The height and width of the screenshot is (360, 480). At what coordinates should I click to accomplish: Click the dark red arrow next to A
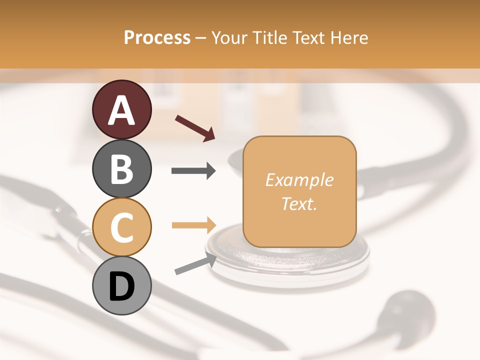tap(195, 128)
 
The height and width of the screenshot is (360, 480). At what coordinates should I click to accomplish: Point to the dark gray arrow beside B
tap(193, 171)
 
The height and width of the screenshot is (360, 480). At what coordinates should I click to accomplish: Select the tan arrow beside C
tap(193, 225)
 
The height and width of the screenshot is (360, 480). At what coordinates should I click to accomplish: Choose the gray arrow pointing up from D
tap(195, 263)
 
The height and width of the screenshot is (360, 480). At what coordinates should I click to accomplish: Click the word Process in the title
tap(157, 37)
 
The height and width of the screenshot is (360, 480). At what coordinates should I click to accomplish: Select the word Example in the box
tap(299, 180)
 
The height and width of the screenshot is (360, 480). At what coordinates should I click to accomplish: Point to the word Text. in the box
tap(299, 203)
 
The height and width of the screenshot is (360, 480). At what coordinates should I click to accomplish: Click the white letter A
tap(121, 110)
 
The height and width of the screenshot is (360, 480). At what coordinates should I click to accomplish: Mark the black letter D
tap(121, 287)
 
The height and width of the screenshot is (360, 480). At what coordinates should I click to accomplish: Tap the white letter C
tap(121, 228)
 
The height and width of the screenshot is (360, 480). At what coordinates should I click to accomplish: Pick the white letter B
tap(121, 169)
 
